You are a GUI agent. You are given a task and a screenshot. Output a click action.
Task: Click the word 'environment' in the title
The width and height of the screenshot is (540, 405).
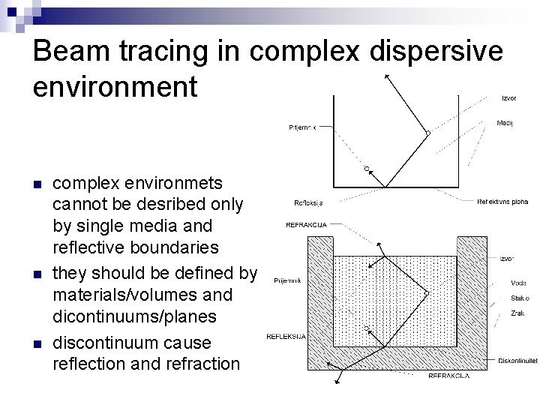pos(115,87)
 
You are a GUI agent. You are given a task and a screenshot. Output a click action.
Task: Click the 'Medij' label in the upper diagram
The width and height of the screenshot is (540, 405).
pos(505,123)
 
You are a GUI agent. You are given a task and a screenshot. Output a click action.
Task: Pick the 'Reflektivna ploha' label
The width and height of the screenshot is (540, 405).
pos(502,201)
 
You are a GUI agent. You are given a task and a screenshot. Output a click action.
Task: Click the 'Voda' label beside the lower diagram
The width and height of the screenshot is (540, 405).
pos(518,283)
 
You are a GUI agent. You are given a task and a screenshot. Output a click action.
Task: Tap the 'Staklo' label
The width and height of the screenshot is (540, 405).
pos(520,298)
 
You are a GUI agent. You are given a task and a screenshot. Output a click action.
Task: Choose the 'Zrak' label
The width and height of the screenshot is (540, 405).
pos(517,312)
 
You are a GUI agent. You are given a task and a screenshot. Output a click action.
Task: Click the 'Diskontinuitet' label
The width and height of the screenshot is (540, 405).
pos(517,361)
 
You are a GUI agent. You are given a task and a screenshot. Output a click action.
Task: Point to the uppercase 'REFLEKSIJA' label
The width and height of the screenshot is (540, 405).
pos(286,337)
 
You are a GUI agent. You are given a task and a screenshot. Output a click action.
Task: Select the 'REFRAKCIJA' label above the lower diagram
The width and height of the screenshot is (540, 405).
pos(306,224)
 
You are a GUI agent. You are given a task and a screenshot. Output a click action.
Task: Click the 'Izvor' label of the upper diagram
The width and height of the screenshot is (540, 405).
pos(508,97)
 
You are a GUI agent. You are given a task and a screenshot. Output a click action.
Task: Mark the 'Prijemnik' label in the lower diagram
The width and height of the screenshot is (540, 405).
pos(287,280)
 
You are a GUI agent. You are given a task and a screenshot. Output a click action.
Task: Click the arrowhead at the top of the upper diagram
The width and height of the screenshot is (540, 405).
pos(385,75)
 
